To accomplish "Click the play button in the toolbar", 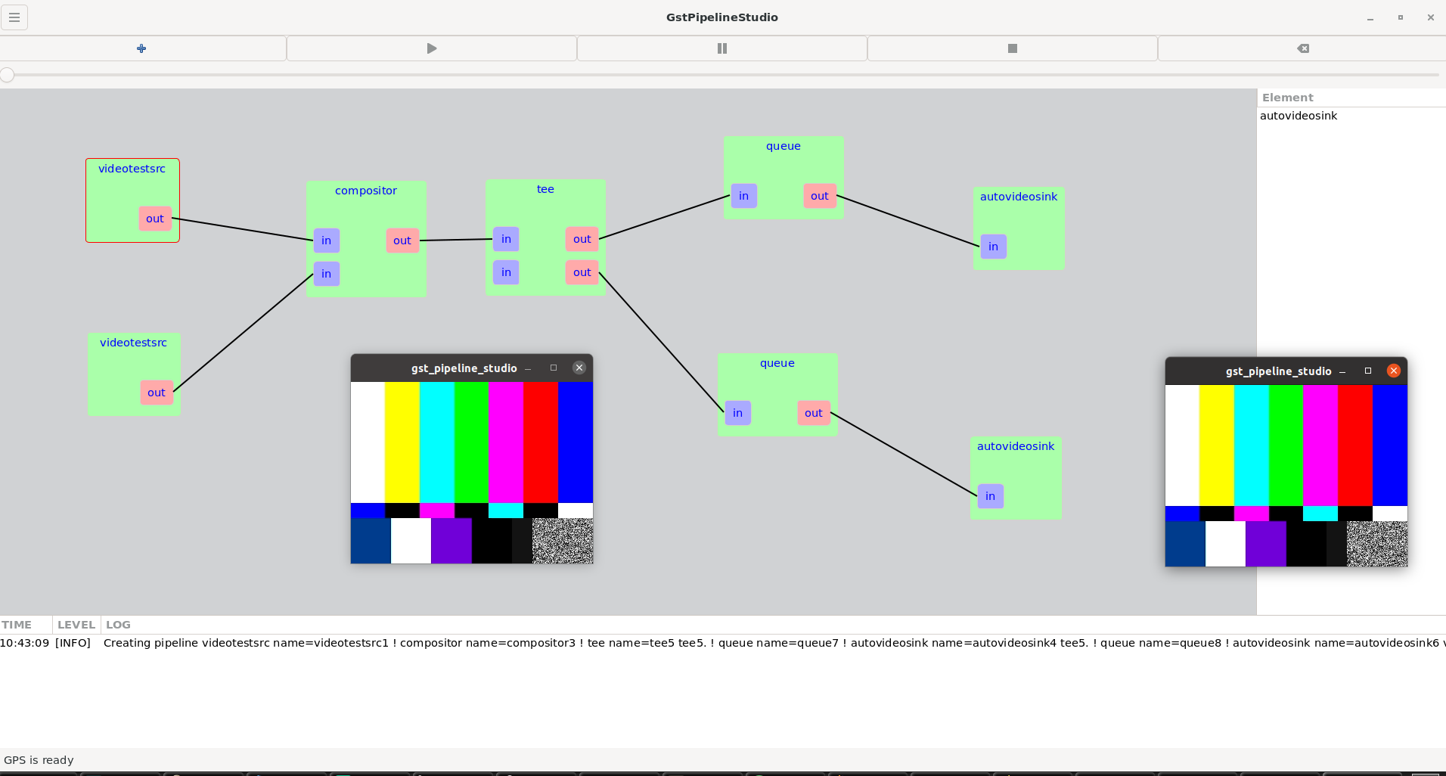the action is point(432,48).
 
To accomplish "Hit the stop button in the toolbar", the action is point(1013,48).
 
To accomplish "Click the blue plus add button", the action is point(141,48).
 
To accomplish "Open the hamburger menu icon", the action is point(14,17).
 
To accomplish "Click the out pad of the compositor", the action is point(402,241).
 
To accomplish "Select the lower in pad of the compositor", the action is point(327,274).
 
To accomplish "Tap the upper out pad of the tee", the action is point(582,239).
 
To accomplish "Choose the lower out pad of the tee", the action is point(582,272).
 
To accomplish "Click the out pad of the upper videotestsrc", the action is point(155,219).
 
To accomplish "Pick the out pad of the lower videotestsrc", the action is point(157,393).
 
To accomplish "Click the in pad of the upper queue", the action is point(744,196).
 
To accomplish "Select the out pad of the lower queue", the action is point(814,413).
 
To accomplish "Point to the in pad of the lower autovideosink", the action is point(991,496).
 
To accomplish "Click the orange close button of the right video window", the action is point(1394,371).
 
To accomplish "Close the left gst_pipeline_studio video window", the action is point(579,368).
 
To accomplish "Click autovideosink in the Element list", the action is point(1299,116).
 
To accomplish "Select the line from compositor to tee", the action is point(456,240).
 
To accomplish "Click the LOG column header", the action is point(118,625).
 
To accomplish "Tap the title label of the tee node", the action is point(545,189).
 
